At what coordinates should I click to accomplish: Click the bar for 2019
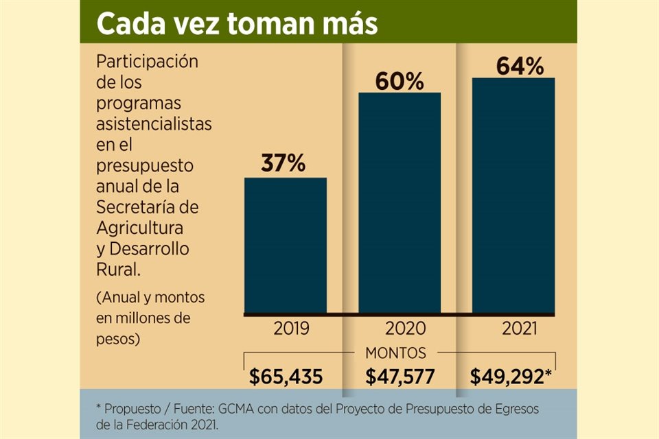click(x=285, y=245)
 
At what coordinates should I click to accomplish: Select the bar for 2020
click(x=400, y=202)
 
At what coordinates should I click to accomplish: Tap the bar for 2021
click(x=513, y=195)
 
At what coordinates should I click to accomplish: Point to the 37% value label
click(x=284, y=165)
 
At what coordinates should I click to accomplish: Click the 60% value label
click(x=400, y=80)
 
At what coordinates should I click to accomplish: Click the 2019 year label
click(x=291, y=328)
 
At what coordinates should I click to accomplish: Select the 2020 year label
click(x=406, y=328)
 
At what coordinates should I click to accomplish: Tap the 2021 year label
click(x=519, y=328)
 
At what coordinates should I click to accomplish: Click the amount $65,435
click(x=286, y=377)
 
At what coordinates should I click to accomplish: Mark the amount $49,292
click(x=511, y=377)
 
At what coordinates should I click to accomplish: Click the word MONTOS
click(x=395, y=353)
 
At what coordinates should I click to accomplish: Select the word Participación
click(x=147, y=61)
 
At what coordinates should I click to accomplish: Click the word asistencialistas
click(x=154, y=125)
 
